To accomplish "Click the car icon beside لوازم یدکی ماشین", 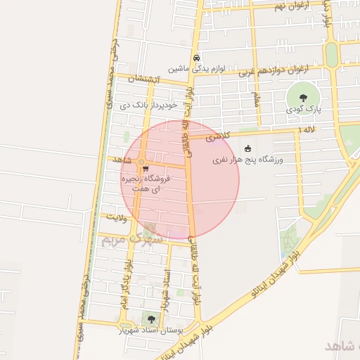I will pos(196,58).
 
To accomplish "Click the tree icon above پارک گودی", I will pos(303,98).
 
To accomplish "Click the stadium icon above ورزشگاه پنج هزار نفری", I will pos(247,148).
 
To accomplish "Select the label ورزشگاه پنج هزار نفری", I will pos(248,160).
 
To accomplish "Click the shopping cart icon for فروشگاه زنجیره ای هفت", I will pos(145,169).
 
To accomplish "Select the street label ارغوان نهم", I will pos(288,6).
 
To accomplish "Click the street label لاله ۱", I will pos(307,131).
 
